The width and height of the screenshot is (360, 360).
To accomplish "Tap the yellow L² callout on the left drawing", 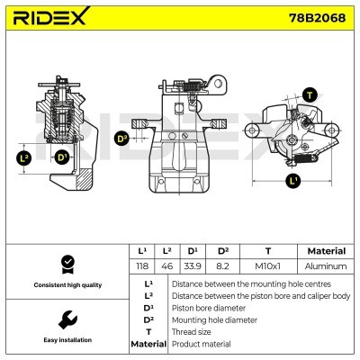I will click(x=25, y=157).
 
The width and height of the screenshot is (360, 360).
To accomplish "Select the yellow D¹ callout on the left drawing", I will click(x=61, y=157).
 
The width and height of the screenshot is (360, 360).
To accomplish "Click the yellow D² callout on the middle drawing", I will click(x=122, y=139).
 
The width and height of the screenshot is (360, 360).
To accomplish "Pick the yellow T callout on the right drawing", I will click(x=310, y=94).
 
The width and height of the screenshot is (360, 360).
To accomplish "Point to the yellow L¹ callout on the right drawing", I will click(x=293, y=181).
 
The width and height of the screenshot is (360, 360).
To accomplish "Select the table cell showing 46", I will click(x=167, y=266).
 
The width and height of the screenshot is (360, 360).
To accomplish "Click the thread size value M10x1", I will click(x=267, y=266).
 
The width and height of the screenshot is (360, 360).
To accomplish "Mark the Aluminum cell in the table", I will click(x=326, y=266).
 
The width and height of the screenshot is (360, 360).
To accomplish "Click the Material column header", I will click(x=326, y=251).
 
